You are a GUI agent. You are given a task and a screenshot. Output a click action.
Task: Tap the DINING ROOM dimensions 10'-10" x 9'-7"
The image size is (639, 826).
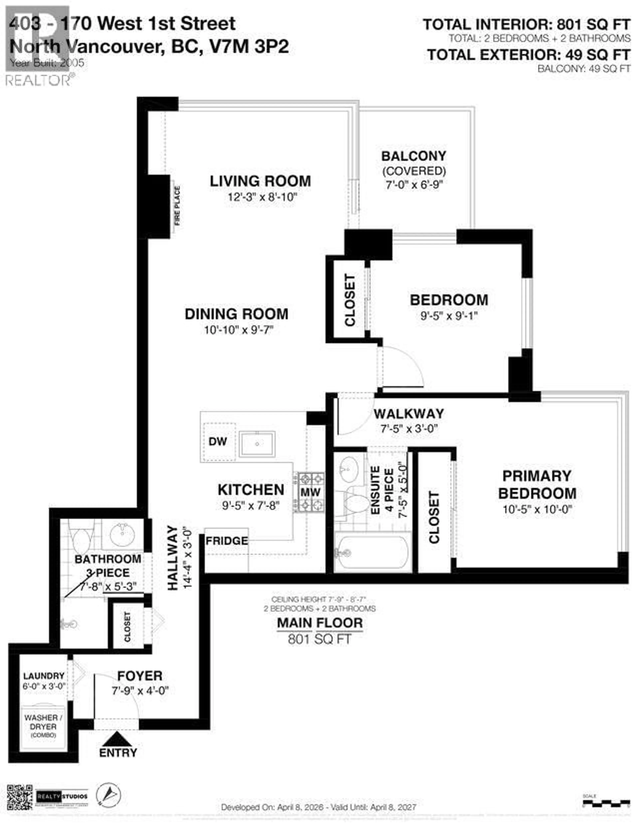click(x=238, y=330)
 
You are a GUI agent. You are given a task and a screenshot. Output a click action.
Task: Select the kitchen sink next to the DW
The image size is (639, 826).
click(x=257, y=444)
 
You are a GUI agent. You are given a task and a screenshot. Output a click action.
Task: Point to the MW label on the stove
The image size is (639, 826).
click(x=310, y=492)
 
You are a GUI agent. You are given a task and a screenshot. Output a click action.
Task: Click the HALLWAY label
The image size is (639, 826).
click(x=173, y=558)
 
